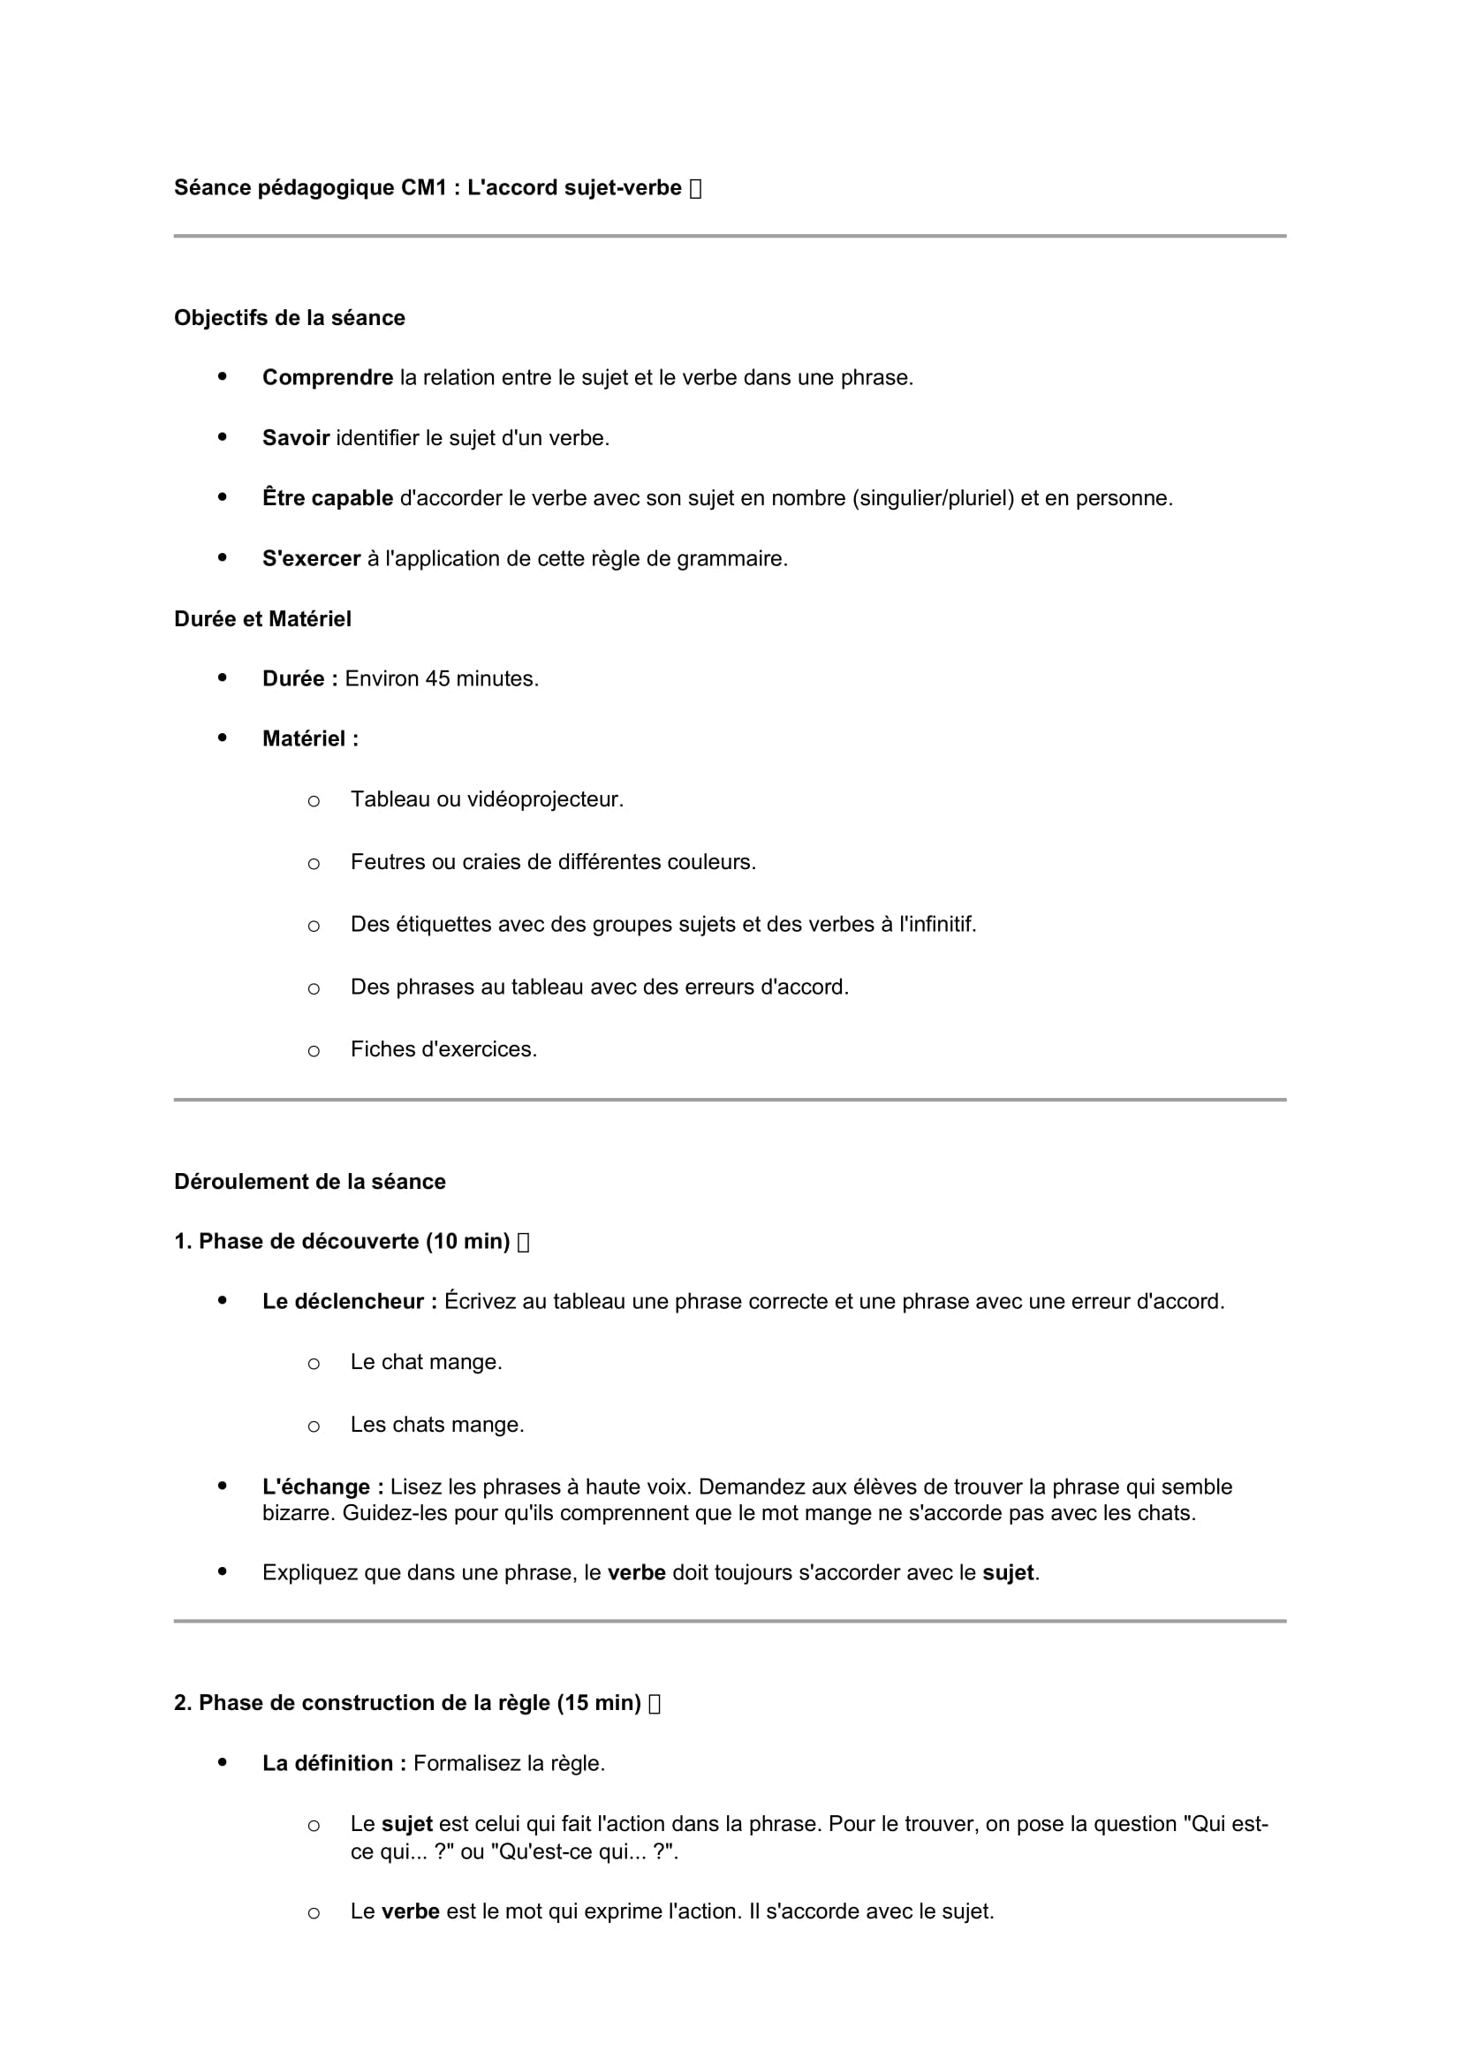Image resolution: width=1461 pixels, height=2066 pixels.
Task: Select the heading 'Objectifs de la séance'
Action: (290, 318)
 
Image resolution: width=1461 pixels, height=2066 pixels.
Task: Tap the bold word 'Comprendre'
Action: (328, 378)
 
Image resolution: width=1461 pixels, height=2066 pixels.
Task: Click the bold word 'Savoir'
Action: (296, 438)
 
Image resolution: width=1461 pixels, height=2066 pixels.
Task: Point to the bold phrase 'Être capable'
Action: (328, 498)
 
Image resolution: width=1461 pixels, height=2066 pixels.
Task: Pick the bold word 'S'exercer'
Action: (311, 559)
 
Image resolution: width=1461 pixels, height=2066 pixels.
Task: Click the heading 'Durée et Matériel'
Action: (262, 619)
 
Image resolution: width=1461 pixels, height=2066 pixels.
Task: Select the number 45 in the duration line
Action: (437, 679)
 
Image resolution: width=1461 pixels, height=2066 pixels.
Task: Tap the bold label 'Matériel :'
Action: (310, 738)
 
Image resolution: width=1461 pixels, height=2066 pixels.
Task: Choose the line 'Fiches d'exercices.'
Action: (443, 1049)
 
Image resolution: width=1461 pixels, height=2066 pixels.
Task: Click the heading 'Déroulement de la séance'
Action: (309, 1182)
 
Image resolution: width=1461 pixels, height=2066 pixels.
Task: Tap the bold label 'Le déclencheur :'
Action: (350, 1302)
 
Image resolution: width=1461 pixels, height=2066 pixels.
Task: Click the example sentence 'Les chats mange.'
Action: (437, 1426)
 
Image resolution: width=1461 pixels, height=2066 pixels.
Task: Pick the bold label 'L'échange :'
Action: (323, 1487)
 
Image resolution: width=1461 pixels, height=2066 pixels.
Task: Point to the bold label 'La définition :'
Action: (334, 1764)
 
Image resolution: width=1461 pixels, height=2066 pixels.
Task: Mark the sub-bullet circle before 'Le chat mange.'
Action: (313, 1364)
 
